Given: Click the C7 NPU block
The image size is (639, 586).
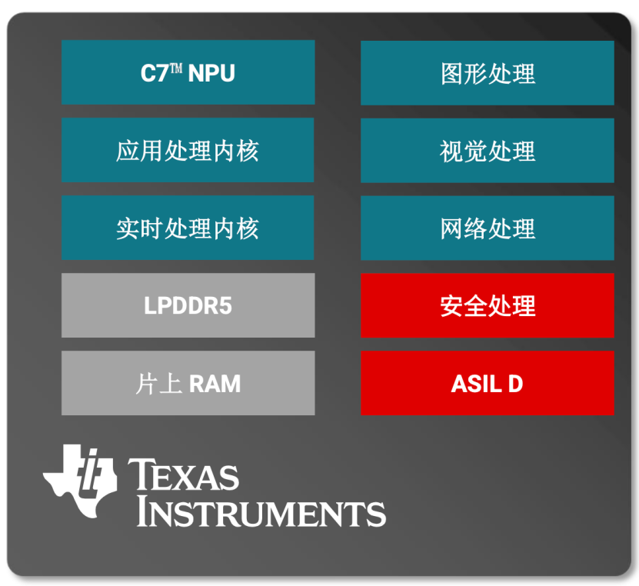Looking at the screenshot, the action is (x=188, y=72).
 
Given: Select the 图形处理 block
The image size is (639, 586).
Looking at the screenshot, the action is (x=488, y=73).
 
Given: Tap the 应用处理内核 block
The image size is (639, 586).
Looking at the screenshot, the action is (x=188, y=150).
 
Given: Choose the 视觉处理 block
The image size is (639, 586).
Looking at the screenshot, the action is (x=488, y=151).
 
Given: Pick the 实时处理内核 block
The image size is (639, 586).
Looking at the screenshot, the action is (x=188, y=228).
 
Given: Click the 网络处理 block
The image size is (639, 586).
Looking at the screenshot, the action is (x=488, y=228).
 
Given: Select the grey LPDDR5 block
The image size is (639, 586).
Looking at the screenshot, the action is (x=188, y=305).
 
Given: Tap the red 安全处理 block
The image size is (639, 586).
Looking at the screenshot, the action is (x=488, y=305).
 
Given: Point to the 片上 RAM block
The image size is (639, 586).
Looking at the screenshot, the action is (x=188, y=383).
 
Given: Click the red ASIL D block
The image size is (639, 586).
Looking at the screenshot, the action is (x=488, y=383).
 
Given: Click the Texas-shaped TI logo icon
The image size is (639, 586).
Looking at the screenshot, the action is (x=80, y=481).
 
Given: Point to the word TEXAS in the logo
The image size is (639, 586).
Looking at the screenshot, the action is (x=183, y=474).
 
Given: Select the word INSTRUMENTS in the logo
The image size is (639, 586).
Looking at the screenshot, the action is (x=261, y=512).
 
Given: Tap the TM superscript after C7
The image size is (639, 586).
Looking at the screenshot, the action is (x=176, y=68).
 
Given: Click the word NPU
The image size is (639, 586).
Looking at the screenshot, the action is (x=211, y=73).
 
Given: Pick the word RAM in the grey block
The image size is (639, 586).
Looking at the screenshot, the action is (x=215, y=384).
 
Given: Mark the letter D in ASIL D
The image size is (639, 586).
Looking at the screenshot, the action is (x=515, y=384).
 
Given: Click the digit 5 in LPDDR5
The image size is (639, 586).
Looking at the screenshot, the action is (x=226, y=305).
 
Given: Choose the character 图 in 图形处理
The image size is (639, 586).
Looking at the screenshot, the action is (x=451, y=74).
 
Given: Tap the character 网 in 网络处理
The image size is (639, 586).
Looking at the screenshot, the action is (x=451, y=228).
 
